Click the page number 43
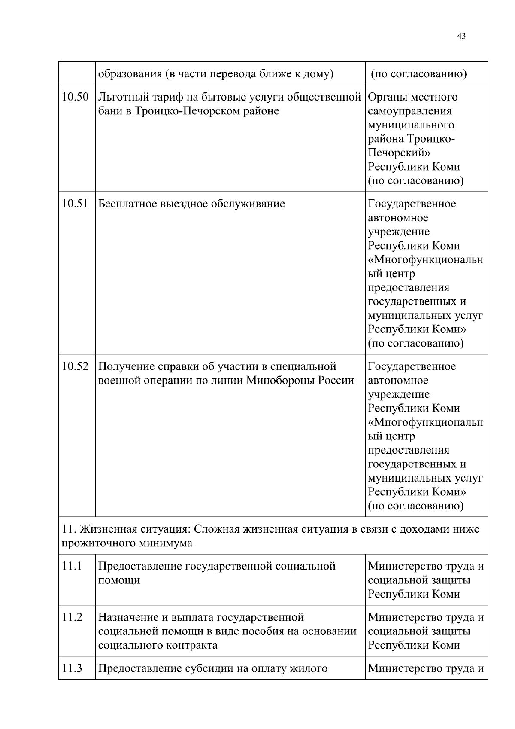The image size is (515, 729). (461, 36)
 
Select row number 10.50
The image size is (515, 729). (75, 97)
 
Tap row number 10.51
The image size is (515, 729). (75, 204)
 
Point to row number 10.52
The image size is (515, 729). (75, 366)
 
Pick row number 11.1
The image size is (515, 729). (72, 566)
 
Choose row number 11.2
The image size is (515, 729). (72, 617)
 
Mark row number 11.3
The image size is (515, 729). (72, 668)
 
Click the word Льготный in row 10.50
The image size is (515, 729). (121, 98)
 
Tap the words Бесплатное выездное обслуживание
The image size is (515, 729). (191, 204)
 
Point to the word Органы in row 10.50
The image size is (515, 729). (387, 98)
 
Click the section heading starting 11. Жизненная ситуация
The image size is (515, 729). (270, 529)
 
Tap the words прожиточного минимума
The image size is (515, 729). (127, 543)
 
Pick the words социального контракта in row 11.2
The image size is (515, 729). (158, 645)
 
